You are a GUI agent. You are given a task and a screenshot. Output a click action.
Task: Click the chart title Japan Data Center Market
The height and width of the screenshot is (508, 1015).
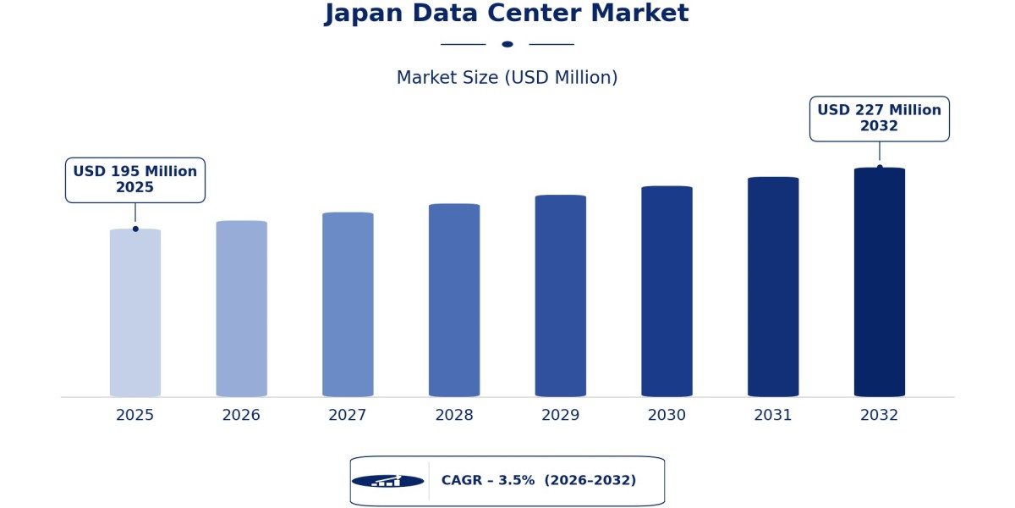click(507, 14)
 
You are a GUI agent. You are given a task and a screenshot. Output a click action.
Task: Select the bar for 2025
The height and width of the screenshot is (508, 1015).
click(135, 313)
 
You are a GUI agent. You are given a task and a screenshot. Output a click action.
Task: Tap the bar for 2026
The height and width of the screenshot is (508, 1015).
click(242, 309)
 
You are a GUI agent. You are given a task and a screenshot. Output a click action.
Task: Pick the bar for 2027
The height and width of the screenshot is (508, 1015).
click(348, 304)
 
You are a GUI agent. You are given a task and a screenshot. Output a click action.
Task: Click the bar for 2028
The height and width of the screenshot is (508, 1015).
click(454, 301)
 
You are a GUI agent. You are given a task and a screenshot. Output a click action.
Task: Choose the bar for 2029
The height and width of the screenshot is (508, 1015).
click(561, 295)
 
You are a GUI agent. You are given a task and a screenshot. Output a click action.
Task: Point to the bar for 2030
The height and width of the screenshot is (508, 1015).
click(667, 291)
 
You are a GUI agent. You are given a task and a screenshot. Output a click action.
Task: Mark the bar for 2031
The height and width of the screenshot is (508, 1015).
click(773, 287)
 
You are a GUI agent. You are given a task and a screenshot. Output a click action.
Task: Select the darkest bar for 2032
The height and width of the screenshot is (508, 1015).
click(880, 282)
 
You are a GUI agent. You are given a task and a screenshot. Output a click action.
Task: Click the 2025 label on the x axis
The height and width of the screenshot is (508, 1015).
click(135, 415)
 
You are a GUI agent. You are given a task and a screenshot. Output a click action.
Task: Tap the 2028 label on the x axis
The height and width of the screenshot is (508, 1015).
click(454, 415)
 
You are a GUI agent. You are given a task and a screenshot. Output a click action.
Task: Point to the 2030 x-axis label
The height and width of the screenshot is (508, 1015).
click(667, 415)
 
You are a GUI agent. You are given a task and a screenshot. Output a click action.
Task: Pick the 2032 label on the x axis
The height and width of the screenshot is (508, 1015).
click(879, 415)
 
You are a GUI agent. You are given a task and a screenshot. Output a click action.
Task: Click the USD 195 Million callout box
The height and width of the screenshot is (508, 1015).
click(135, 180)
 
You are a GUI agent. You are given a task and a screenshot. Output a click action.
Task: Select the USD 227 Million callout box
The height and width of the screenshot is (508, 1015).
click(880, 119)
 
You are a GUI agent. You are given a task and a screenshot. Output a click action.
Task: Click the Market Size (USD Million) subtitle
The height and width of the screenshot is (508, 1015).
click(507, 78)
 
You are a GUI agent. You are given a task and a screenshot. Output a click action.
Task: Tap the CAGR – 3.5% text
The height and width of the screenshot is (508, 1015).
click(488, 480)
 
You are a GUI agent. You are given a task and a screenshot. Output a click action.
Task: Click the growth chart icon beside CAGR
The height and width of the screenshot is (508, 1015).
click(388, 481)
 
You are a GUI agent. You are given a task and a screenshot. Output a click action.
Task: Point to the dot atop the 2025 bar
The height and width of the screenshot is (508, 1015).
click(135, 229)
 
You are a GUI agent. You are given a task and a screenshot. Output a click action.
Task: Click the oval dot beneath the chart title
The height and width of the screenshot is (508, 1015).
click(507, 44)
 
